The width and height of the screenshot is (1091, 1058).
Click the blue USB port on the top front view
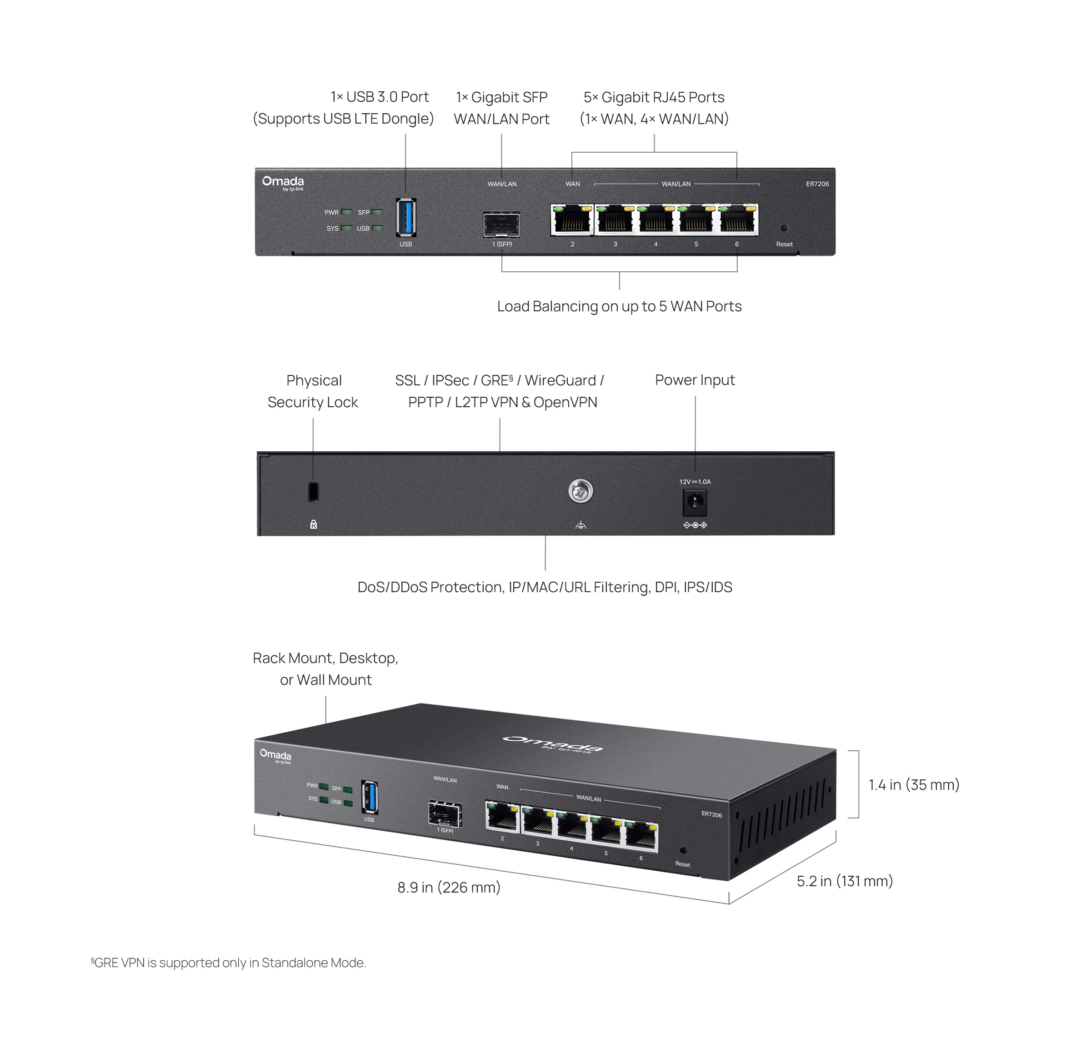pyautogui.click(x=406, y=218)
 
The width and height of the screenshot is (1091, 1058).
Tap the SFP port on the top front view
pyautogui.click(x=501, y=225)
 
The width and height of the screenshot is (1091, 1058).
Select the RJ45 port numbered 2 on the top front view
pyautogui.click(x=572, y=219)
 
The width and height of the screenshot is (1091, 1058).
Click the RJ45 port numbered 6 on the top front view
pyautogui.click(x=737, y=219)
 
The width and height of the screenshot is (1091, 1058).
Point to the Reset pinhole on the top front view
pyautogui.click(x=784, y=228)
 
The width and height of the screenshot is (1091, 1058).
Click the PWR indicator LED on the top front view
pyautogui.click(x=347, y=212)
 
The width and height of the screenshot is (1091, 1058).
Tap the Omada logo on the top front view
pyautogui.click(x=283, y=183)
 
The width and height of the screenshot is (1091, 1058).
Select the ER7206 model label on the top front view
pyautogui.click(x=817, y=184)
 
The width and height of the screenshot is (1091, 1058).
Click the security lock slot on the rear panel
pyautogui.click(x=313, y=491)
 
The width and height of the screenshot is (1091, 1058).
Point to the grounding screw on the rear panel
pyautogui.click(x=581, y=491)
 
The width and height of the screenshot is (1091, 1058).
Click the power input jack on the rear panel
pyautogui.click(x=695, y=502)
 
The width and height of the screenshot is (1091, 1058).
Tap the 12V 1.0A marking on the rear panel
pyautogui.click(x=695, y=481)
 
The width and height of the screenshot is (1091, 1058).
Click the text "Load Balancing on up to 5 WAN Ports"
pyautogui.click(x=619, y=306)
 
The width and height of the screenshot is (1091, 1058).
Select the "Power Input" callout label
pyautogui.click(x=695, y=379)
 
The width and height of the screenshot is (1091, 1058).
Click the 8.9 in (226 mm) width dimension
pyautogui.click(x=449, y=887)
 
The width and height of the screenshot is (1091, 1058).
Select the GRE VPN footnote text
pyautogui.click(x=228, y=962)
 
